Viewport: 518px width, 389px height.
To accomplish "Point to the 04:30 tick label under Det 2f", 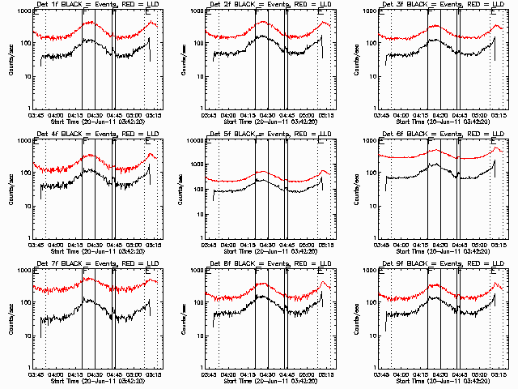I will click(x=264, y=116).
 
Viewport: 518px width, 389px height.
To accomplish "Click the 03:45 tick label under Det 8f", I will click(x=208, y=375).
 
